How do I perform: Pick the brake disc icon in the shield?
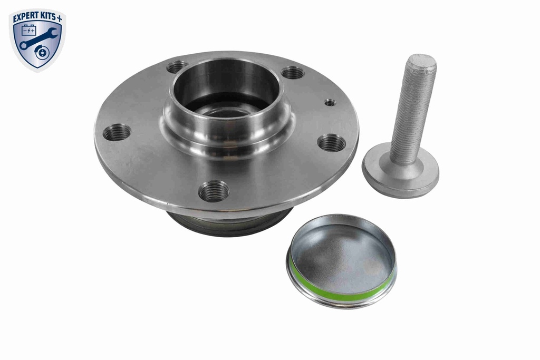[x=41, y=53]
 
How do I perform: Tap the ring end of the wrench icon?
[x=24, y=46]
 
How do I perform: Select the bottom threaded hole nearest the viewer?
[x=214, y=191]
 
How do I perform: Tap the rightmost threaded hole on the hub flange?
[x=332, y=142]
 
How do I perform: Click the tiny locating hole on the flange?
[x=330, y=102]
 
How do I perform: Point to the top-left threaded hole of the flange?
[x=177, y=67]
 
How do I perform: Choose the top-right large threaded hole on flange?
[x=293, y=73]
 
